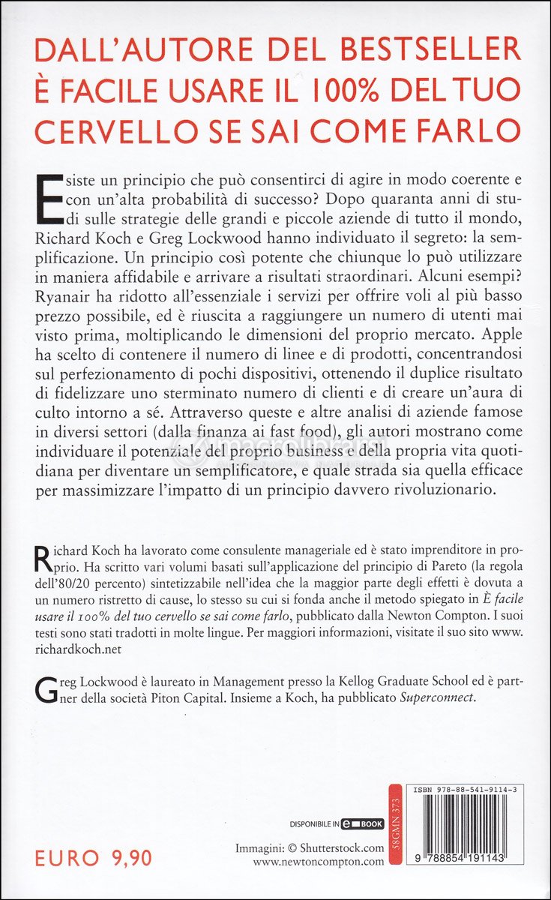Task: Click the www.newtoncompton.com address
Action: pos(318,862)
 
